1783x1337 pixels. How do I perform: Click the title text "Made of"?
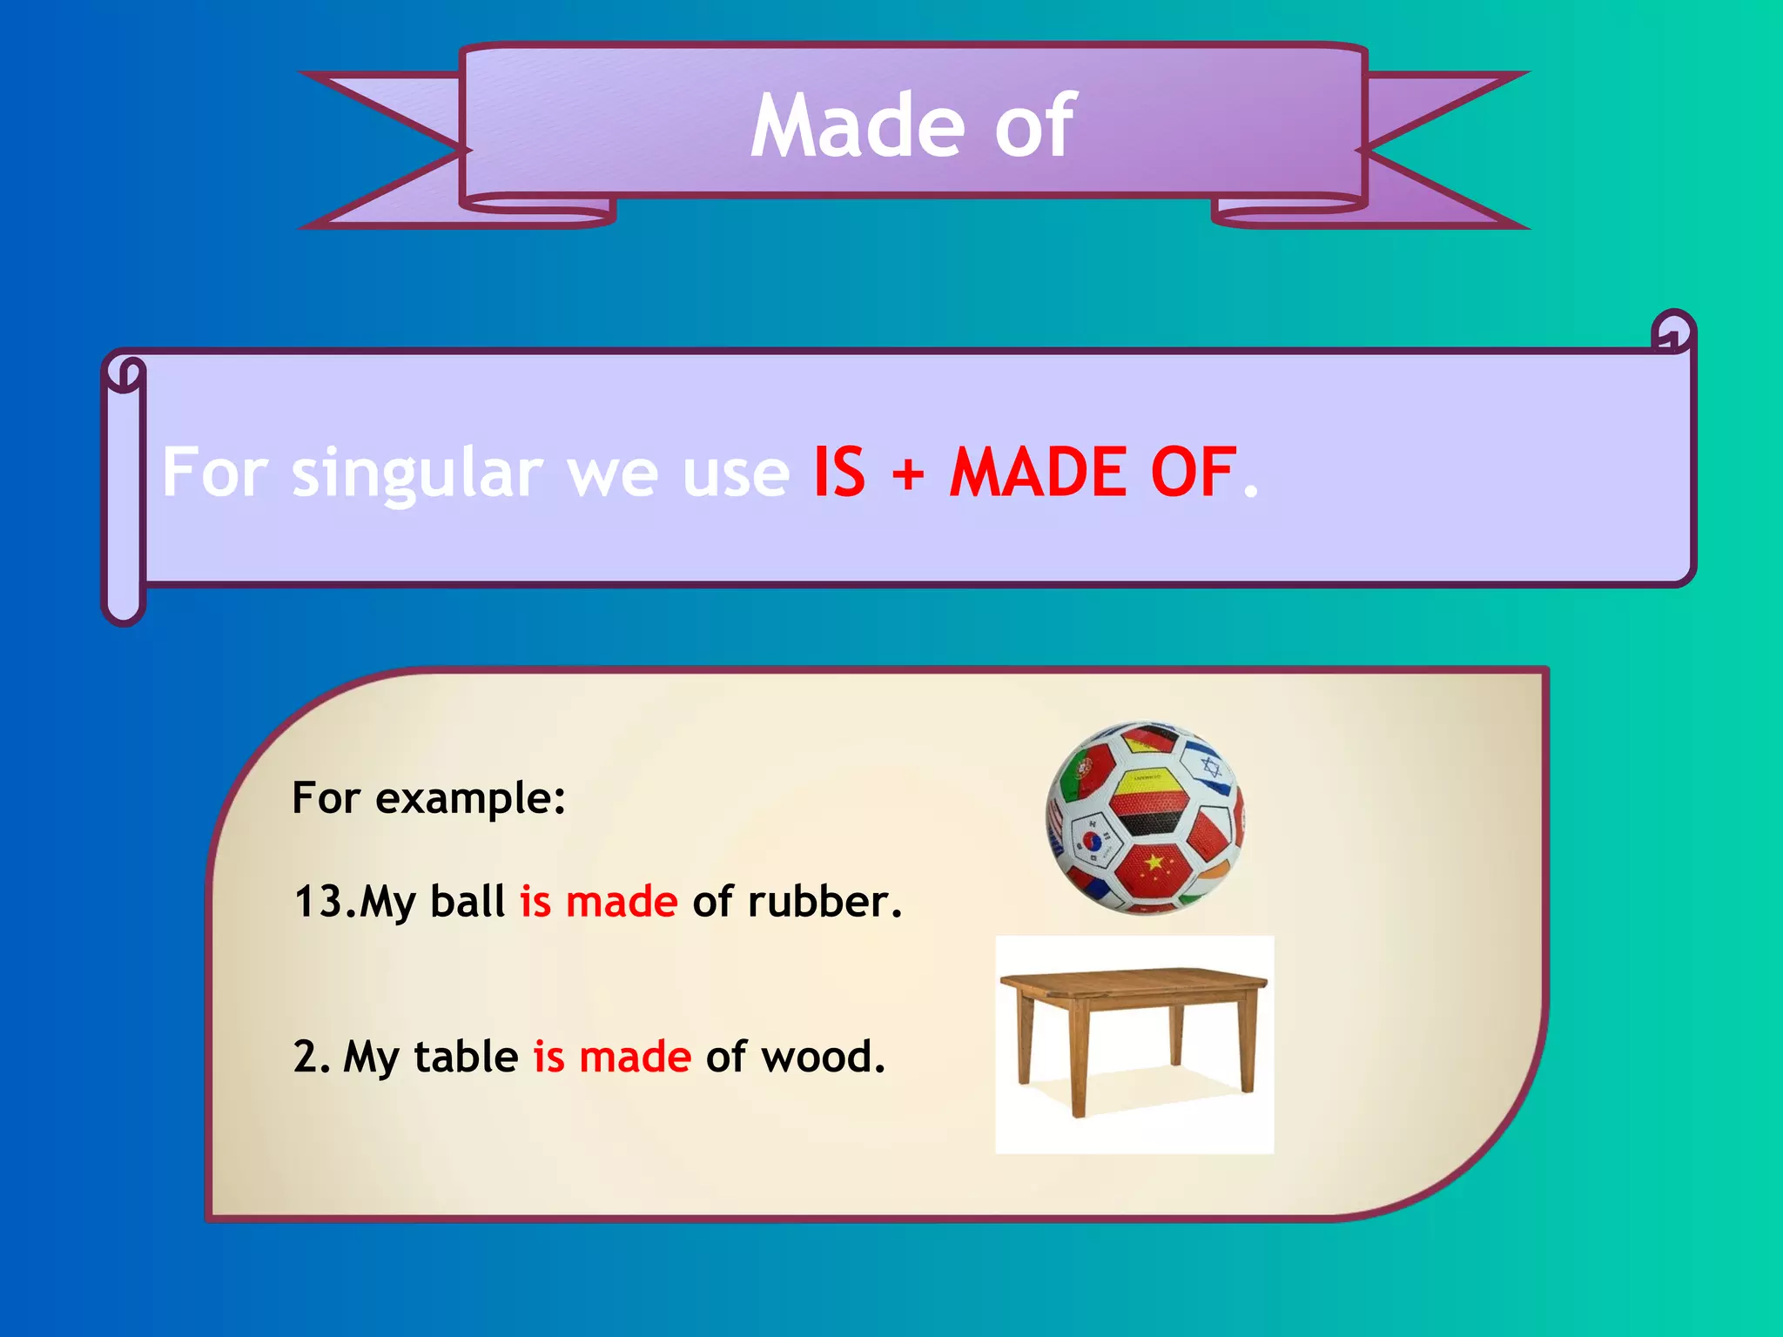(x=912, y=126)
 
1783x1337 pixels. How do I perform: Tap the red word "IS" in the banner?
(x=839, y=472)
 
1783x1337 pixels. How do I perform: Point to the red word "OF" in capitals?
(x=1193, y=472)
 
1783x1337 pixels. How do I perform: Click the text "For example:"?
(x=428, y=798)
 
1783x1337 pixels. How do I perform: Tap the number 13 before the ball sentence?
(x=319, y=902)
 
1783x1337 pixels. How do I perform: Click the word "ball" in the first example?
(x=468, y=902)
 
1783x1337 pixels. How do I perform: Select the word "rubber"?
(x=824, y=902)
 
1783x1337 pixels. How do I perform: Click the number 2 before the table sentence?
(x=307, y=1057)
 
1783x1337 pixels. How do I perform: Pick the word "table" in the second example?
(x=466, y=1057)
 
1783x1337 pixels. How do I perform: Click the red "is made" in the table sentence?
(x=612, y=1057)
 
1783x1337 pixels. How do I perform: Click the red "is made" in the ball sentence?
(x=599, y=902)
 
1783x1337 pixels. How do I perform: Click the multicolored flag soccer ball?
(x=1145, y=818)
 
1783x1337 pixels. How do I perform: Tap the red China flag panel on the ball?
(x=1154, y=867)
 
